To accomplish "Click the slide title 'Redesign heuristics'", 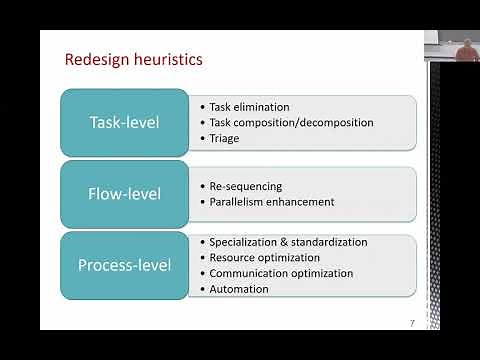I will [133, 60].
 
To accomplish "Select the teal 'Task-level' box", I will [124, 123].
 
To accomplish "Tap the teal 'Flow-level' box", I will [124, 194].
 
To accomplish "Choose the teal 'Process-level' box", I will [124, 265].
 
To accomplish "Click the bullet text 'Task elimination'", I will [250, 107].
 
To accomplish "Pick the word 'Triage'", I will [225, 138].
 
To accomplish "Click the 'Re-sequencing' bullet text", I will [246, 186].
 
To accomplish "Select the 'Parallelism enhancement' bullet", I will [272, 202].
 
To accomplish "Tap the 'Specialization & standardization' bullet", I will [288, 242].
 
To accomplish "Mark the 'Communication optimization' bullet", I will [281, 273].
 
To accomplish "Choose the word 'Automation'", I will [239, 289].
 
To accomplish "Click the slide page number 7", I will [412, 322].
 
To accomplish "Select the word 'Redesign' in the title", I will [96, 60].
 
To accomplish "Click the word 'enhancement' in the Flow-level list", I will [302, 202].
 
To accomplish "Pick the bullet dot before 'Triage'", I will [203, 138].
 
